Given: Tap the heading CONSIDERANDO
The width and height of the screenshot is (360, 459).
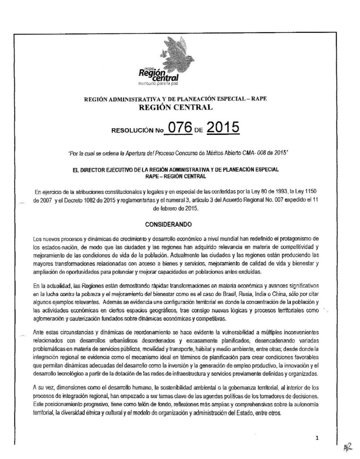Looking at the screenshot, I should (180, 223).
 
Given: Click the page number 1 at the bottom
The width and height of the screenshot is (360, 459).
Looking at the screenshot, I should (317, 438).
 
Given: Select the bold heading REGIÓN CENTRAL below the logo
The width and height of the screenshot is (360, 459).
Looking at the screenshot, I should (180, 108).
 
